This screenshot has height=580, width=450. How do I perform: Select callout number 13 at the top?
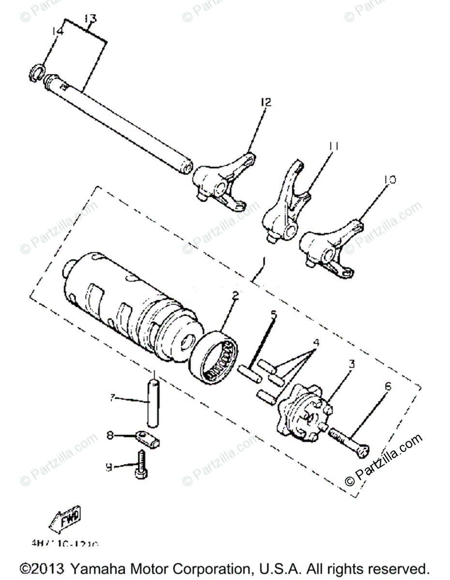tap(90, 19)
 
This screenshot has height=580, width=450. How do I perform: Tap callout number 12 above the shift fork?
tap(266, 102)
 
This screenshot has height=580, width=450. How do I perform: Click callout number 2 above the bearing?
tap(235, 296)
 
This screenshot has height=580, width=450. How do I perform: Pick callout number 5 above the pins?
tap(273, 315)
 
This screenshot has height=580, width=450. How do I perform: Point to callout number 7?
tap(112, 398)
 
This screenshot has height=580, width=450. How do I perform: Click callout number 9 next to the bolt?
tap(109, 467)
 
